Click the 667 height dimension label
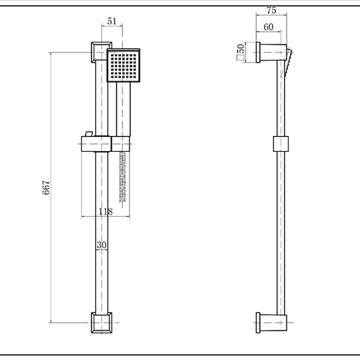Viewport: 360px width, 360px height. pyautogui.click(x=46, y=188)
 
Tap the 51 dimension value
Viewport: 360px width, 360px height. pyautogui.click(x=112, y=21)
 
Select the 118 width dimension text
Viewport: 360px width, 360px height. pyautogui.click(x=106, y=212)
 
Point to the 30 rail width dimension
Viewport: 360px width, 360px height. pyautogui.click(x=102, y=245)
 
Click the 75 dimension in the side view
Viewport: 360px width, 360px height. pyautogui.click(x=271, y=11)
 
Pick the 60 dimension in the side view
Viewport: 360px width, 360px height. pyautogui.click(x=269, y=27)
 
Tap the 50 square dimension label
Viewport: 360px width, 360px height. pyautogui.click(x=240, y=48)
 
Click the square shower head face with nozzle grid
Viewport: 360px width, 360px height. pyautogui.click(x=123, y=66)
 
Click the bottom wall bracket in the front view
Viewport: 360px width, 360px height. pyautogui.click(x=102, y=323)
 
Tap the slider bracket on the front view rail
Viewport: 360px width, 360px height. pyautogui.click(x=96, y=144)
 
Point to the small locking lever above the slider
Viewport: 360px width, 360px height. pyautogui.click(x=89, y=134)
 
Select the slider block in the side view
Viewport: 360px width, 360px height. pyautogui.click(x=281, y=144)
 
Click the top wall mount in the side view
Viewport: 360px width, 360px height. pyautogui.click(x=271, y=53)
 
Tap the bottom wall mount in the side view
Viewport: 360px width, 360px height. pyautogui.click(x=271, y=323)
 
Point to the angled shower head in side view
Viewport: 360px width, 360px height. pyautogui.click(x=288, y=63)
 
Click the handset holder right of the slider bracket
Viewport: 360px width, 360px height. pyautogui.click(x=121, y=144)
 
